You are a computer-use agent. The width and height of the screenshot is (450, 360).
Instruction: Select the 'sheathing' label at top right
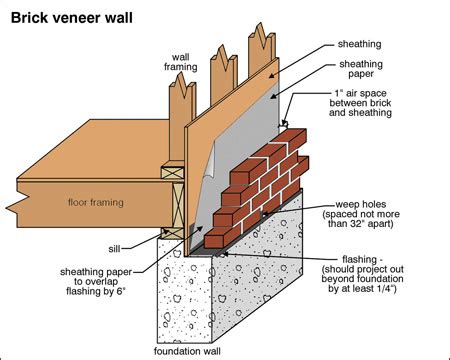(367, 45)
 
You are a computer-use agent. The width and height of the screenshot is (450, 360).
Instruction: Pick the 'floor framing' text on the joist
(96, 202)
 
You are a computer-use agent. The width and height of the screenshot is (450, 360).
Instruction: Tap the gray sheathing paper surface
(250, 120)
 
